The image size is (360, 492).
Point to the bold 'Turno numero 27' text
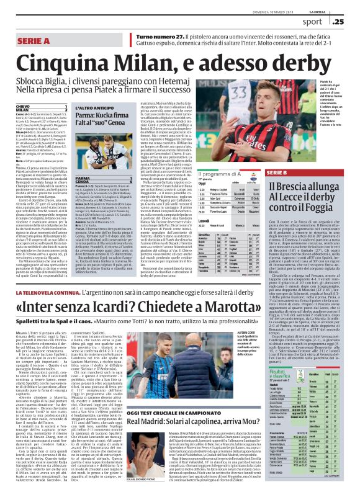tap(160, 37)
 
